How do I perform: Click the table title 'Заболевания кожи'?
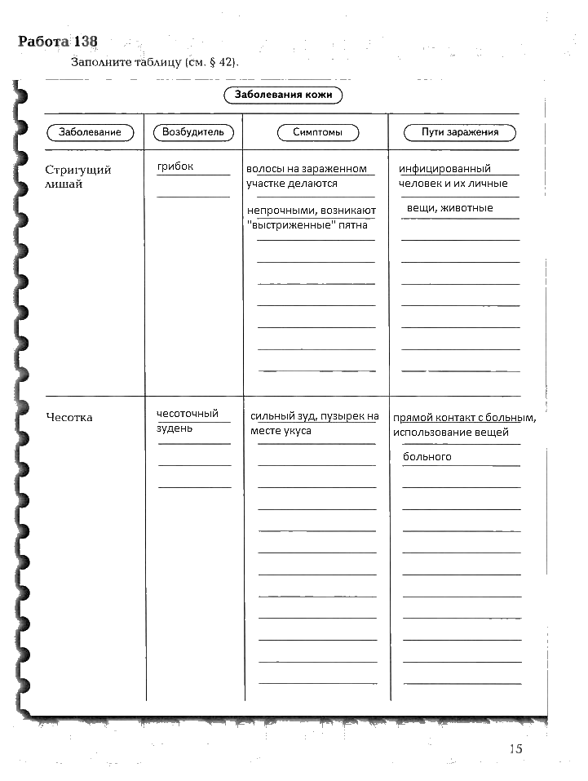[x=283, y=95]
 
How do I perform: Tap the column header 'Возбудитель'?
[x=192, y=132]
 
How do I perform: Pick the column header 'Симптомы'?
[x=317, y=132]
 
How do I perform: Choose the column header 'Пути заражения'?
[x=459, y=132]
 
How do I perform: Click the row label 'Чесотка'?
[x=69, y=418]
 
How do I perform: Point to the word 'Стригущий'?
[x=78, y=170]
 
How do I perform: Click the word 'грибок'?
[x=175, y=166]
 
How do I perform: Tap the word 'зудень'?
[x=175, y=428]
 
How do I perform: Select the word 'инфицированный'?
[x=444, y=169]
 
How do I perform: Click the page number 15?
[x=515, y=748]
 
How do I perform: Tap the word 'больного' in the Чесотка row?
[x=427, y=457]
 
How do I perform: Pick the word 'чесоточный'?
[x=188, y=414]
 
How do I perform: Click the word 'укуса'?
[x=297, y=431]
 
